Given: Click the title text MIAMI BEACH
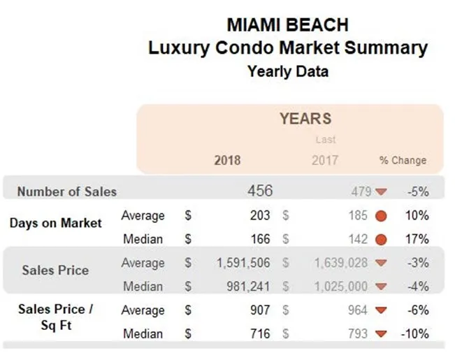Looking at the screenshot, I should pyautogui.click(x=287, y=25).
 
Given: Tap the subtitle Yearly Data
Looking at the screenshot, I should pyautogui.click(x=287, y=71).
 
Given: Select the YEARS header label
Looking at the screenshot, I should pyautogui.click(x=305, y=119).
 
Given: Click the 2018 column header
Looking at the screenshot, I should pyautogui.click(x=227, y=160).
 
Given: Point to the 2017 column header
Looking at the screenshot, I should pyautogui.click(x=324, y=160).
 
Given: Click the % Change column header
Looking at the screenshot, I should pyautogui.click(x=403, y=160).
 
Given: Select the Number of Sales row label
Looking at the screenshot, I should pyautogui.click(x=67, y=192).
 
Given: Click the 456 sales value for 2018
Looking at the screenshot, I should pyautogui.click(x=260, y=191).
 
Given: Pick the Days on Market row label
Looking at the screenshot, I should pyautogui.click(x=55, y=224).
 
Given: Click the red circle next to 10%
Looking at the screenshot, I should pyautogui.click(x=381, y=216).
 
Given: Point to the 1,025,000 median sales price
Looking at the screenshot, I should pyautogui.click(x=338, y=287).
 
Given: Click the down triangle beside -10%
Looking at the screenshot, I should pyautogui.click(x=381, y=334).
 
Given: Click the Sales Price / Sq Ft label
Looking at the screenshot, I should pyautogui.click(x=52, y=317).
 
